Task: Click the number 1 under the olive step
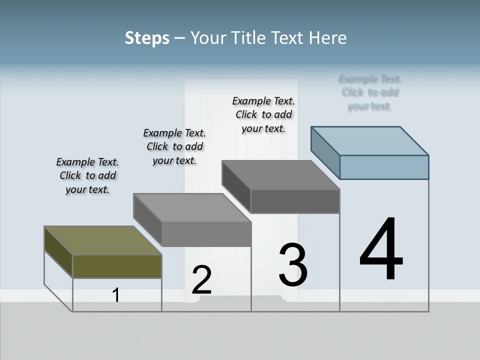click(116, 295)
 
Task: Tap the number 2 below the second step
click(201, 280)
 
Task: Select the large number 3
click(293, 265)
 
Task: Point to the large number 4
click(381, 250)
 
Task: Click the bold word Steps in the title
click(147, 38)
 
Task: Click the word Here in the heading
click(328, 38)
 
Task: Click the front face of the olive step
click(117, 266)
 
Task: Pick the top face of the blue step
click(370, 140)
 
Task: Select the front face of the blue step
click(384, 167)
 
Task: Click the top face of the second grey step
click(192, 207)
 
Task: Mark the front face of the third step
click(295, 201)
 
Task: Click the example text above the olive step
click(87, 175)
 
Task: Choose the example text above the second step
click(174, 146)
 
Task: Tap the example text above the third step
click(263, 114)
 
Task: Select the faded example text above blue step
click(370, 92)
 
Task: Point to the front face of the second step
click(206, 234)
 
